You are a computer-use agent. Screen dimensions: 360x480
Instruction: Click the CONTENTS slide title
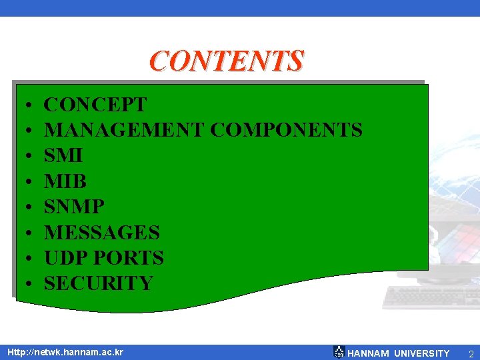pyautogui.click(x=227, y=61)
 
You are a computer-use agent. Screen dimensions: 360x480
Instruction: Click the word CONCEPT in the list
pyautogui.click(x=95, y=105)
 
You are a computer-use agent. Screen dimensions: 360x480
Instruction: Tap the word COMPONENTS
pyautogui.click(x=287, y=130)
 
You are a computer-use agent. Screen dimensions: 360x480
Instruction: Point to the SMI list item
pyautogui.click(x=63, y=155)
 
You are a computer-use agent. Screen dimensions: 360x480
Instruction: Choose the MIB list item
pyautogui.click(x=65, y=181)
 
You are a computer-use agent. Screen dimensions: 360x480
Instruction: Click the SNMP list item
pyautogui.click(x=74, y=207)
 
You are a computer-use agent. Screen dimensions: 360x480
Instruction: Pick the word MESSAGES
pyautogui.click(x=102, y=233)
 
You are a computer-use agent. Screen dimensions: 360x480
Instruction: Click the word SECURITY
pyautogui.click(x=99, y=283)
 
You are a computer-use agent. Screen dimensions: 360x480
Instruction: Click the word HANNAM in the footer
pyautogui.click(x=369, y=353)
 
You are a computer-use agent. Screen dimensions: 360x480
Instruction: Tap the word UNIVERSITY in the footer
pyautogui.click(x=422, y=353)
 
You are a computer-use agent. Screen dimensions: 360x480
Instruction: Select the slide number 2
pyautogui.click(x=471, y=353)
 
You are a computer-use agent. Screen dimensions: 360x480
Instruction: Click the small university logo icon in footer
pyautogui.click(x=339, y=352)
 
